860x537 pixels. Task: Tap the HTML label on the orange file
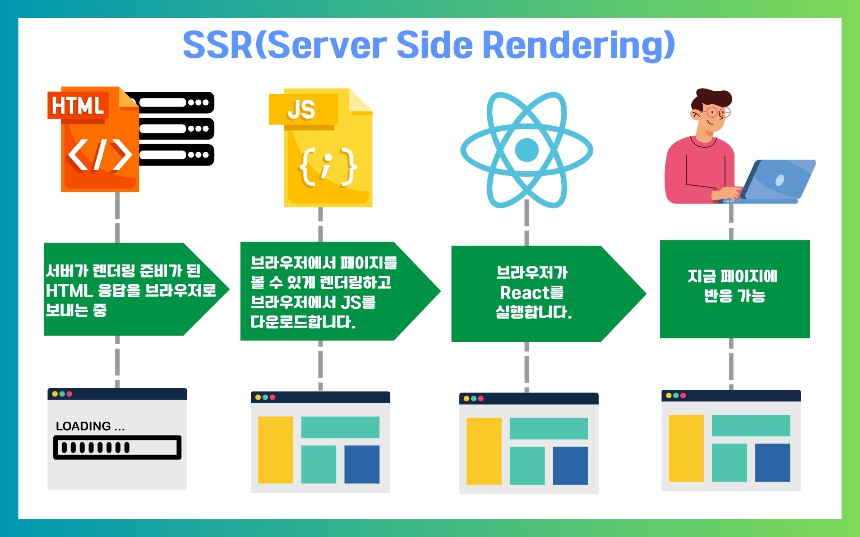coord(77,106)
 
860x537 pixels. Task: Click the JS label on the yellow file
coord(301,109)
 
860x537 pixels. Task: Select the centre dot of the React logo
coord(526,150)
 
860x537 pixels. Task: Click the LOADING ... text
coord(90,426)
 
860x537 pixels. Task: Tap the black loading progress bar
coord(117,447)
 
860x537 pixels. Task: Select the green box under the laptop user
coord(735,289)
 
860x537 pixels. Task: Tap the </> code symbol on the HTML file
coord(99,155)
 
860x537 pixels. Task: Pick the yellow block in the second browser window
coord(275,450)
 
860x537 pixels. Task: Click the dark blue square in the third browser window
coord(570,465)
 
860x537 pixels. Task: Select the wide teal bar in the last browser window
coord(751,426)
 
